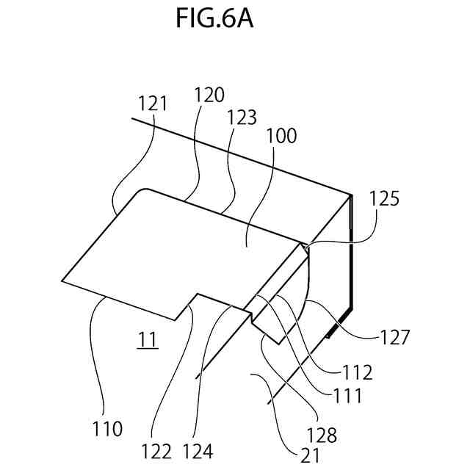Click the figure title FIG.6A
214,19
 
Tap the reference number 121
153,104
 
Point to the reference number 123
242,117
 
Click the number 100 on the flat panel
282,136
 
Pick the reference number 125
385,199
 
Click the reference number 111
347,396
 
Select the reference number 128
321,435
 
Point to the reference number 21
310,455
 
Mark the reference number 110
106,428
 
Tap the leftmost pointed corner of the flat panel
62,280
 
